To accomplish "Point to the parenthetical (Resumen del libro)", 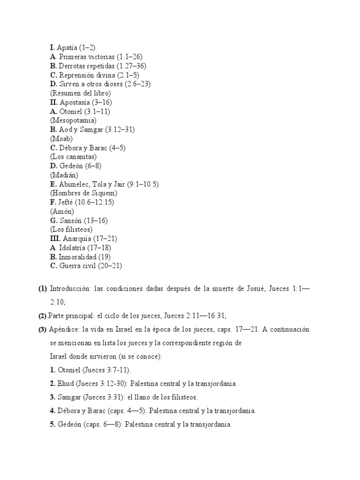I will coord(80,93).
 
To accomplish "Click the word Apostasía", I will coord(75,102).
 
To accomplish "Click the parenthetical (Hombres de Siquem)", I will coord(83,193).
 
